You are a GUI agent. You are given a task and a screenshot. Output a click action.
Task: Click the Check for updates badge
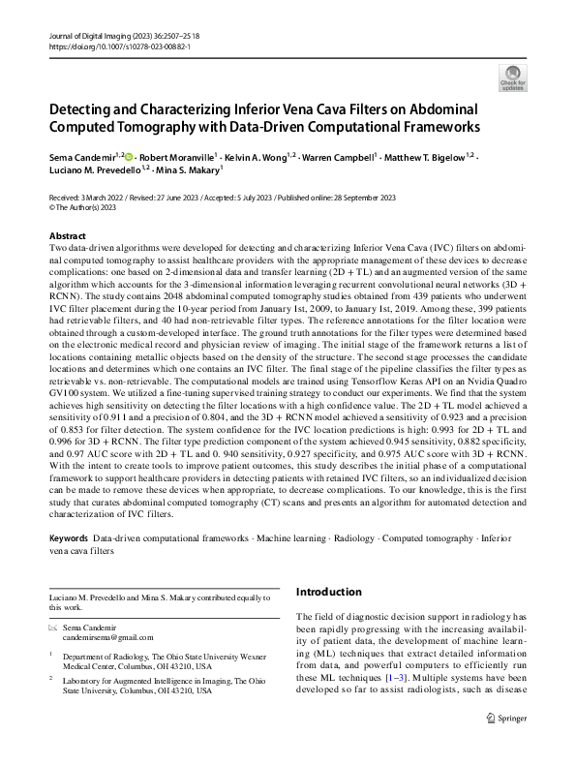512,77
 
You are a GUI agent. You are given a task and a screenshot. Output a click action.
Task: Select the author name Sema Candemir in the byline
80,155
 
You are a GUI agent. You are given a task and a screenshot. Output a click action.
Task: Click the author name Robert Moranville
175,155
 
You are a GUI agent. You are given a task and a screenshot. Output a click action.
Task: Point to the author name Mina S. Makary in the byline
193,169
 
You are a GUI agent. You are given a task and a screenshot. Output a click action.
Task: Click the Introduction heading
334,591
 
